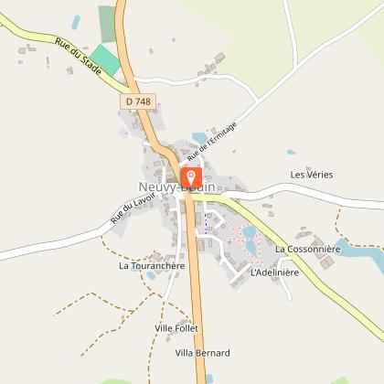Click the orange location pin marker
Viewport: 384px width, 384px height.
click(x=191, y=176)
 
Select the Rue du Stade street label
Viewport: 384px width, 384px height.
click(x=78, y=56)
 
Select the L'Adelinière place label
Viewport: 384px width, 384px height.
click(x=274, y=272)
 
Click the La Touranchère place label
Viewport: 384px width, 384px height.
click(x=152, y=266)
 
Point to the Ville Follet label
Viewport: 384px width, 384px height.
click(x=176, y=327)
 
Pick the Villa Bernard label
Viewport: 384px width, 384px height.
click(x=202, y=352)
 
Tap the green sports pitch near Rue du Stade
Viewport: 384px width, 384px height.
click(x=106, y=60)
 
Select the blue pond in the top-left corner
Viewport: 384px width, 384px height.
click(x=77, y=20)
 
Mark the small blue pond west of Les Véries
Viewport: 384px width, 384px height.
click(x=291, y=153)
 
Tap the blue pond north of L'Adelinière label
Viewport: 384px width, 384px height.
click(x=249, y=232)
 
